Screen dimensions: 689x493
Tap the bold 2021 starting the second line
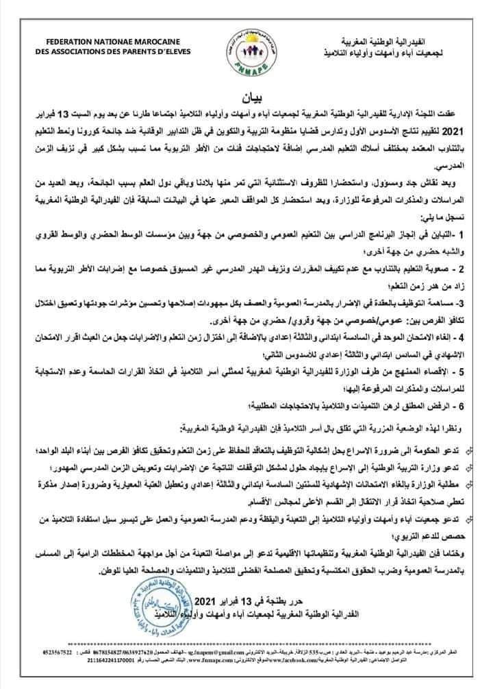[464, 130]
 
